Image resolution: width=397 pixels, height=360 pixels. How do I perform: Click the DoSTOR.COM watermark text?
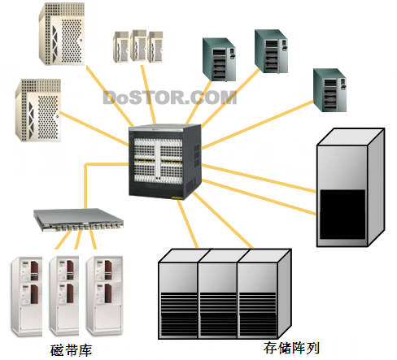170,98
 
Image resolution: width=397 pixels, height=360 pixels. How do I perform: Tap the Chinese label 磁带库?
71,350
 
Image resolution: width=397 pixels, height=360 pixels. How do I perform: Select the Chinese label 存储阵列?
291,348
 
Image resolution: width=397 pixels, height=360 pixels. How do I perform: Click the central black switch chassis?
165,162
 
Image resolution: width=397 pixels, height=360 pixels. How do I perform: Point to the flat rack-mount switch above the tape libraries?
78,219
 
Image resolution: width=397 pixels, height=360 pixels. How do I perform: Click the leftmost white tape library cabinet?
27,297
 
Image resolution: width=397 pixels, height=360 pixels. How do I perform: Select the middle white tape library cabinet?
64,296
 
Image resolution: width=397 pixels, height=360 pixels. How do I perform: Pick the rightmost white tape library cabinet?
105,296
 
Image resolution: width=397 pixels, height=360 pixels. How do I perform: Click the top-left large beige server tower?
62,34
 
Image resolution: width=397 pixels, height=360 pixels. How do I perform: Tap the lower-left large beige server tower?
38,111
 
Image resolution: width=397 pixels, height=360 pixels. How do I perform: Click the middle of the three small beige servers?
138,46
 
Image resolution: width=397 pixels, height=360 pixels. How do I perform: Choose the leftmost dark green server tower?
219,59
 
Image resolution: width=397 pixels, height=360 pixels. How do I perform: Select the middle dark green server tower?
271,51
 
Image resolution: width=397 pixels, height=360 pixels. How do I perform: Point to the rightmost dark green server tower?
329,90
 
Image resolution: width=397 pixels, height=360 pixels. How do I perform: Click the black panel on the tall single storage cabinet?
342,215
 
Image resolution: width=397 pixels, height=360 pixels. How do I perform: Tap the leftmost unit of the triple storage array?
178,294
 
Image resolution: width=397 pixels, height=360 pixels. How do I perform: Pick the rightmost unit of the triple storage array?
264,294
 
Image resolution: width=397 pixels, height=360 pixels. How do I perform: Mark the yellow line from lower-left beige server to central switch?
94,129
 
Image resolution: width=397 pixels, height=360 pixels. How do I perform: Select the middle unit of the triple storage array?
218,294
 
